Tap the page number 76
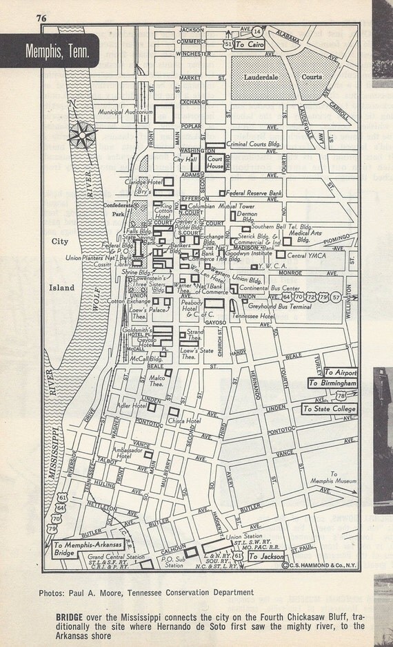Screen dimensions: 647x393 [42, 19]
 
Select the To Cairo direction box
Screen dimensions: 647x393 [249, 43]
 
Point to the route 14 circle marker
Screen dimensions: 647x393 [257, 32]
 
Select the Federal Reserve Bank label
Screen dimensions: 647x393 [254, 193]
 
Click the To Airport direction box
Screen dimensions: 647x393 [341, 370]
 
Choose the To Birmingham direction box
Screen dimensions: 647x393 [332, 383]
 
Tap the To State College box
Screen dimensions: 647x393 [329, 409]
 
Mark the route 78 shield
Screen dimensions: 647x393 [341, 395]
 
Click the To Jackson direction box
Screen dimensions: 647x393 [265, 555]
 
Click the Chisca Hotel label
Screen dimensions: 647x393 [183, 421]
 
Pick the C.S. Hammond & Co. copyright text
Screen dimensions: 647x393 [319, 565]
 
